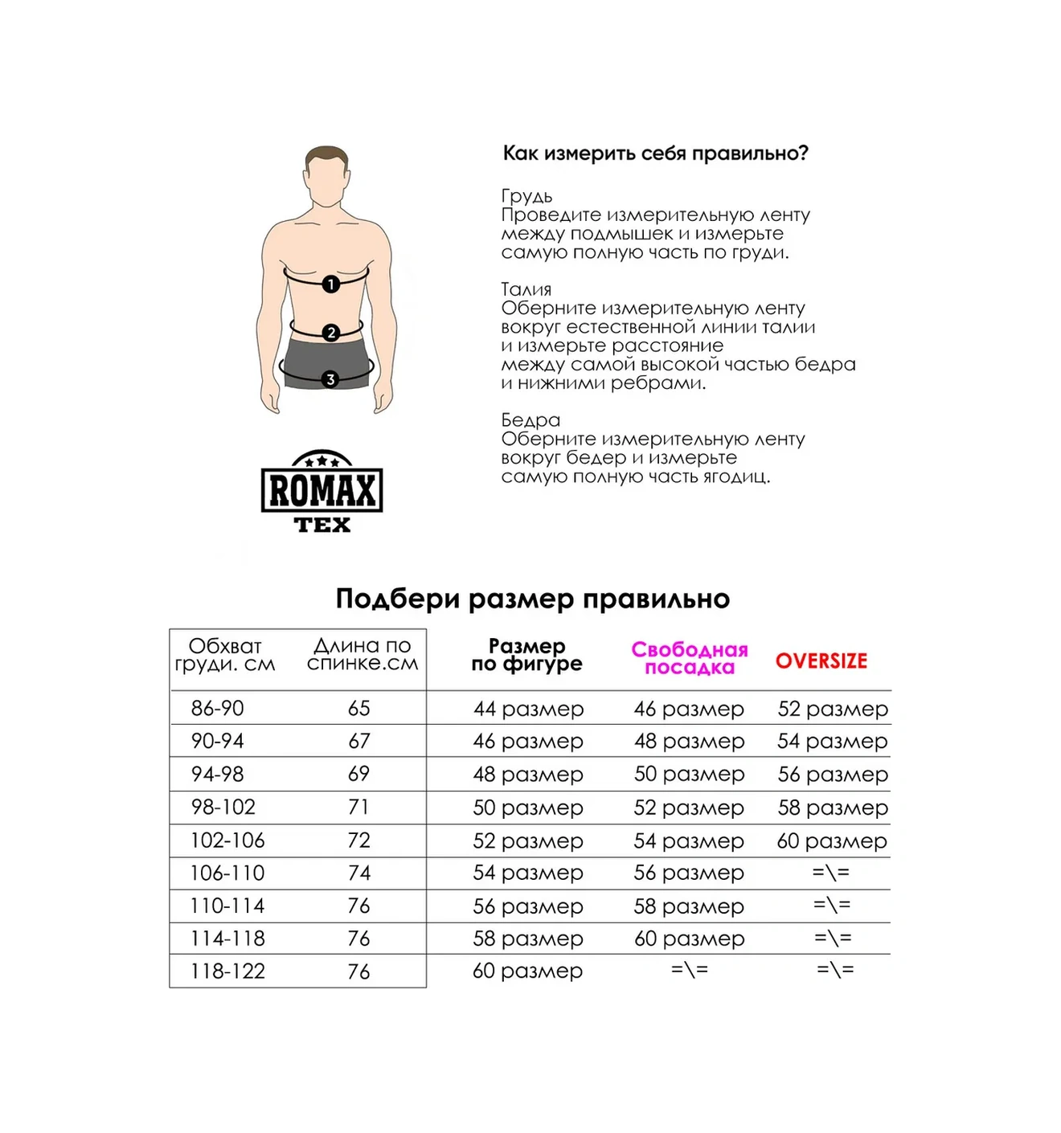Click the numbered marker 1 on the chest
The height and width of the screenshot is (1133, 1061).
[330, 284]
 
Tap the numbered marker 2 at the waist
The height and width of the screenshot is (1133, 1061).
[330, 332]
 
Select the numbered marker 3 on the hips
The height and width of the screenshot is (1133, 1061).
[330, 379]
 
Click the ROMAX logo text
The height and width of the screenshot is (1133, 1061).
[322, 490]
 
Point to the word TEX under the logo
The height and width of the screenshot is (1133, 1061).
[322, 526]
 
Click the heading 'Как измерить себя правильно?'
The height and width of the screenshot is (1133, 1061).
[655, 153]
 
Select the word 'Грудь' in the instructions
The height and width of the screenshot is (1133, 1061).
[526, 196]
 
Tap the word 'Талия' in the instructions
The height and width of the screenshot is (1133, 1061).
[526, 289]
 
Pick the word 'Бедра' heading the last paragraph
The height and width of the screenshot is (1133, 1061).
[530, 420]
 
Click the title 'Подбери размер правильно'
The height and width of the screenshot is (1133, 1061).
[532, 599]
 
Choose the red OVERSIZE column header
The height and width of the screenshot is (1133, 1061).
[821, 661]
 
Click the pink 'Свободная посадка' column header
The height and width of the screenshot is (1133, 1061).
[689, 658]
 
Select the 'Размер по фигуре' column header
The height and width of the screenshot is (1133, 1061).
[526, 655]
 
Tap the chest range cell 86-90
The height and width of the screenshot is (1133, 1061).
[217, 709]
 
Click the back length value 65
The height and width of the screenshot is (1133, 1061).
[358, 709]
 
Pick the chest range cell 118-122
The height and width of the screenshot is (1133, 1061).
[227, 971]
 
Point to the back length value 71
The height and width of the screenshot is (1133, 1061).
[358, 807]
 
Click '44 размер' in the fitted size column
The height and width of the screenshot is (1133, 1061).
[528, 710]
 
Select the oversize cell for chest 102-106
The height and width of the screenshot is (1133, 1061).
[832, 841]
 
